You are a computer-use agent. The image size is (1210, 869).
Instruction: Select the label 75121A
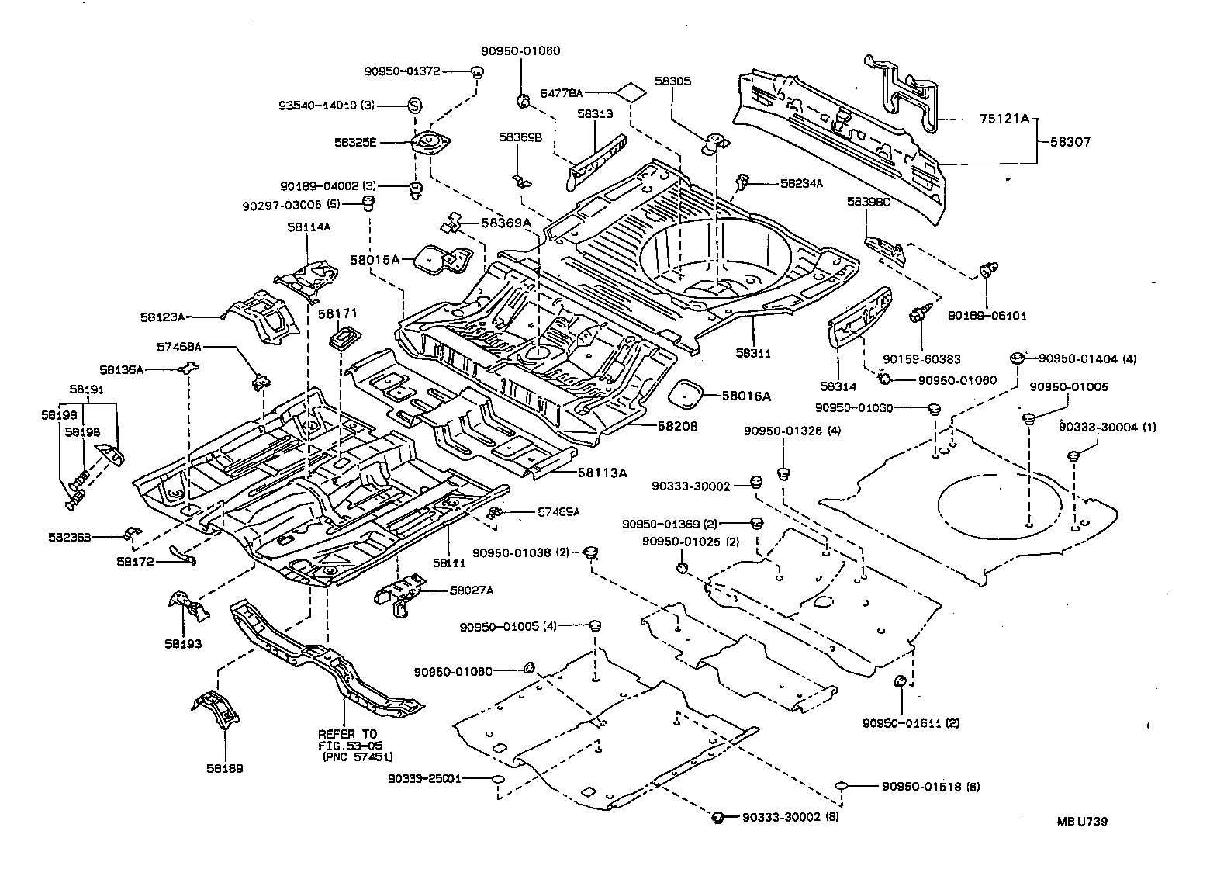1004,119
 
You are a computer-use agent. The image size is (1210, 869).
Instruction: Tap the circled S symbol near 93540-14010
414,106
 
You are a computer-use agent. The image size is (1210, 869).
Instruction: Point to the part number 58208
678,426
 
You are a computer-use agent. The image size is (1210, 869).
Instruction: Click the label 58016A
746,396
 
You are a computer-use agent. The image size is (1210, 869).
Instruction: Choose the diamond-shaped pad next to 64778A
629,92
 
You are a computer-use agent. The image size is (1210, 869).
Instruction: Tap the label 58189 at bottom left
225,768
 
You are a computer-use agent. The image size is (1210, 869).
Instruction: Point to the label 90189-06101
987,317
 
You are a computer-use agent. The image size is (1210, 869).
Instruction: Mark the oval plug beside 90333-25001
498,778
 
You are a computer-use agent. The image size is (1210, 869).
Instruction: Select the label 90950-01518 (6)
931,787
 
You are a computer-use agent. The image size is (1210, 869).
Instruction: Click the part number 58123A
163,317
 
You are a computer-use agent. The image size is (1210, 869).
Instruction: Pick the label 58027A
471,590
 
